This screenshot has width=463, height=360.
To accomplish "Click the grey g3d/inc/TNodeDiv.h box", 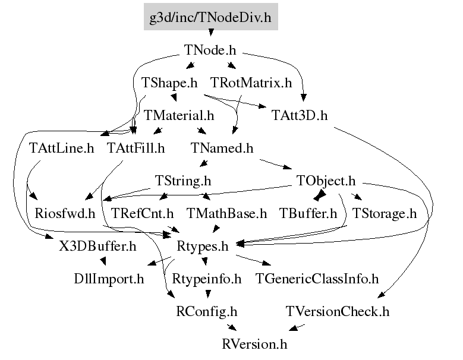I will (x=210, y=17).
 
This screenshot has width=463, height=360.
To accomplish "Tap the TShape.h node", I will (x=169, y=83).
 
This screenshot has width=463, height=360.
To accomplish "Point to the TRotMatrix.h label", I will (x=251, y=83).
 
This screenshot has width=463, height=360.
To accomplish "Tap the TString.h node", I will (x=183, y=180).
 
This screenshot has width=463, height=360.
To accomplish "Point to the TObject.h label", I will (x=325, y=180).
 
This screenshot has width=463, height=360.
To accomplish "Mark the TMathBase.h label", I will (x=226, y=213).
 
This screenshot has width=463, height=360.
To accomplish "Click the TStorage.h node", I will (x=385, y=213).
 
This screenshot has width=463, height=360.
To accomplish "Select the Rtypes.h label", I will (x=203, y=245).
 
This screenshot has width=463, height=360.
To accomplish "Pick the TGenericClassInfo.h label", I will (x=317, y=278).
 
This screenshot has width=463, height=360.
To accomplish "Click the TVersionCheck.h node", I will (x=338, y=311).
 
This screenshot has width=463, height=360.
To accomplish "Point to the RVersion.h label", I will (x=254, y=343).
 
